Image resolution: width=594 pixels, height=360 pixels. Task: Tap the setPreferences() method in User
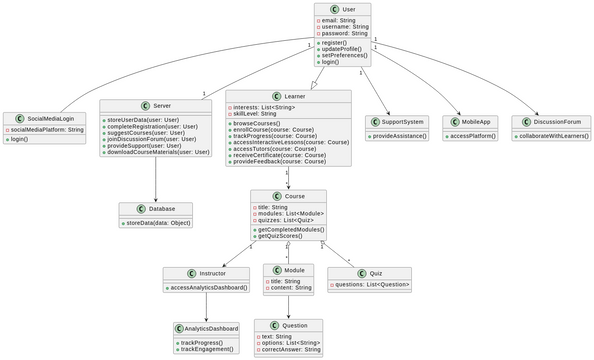pyautogui.click(x=345, y=55)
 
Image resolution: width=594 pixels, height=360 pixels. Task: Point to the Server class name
pyautogui.click(x=161, y=105)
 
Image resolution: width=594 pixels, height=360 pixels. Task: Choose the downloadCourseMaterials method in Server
pyautogui.click(x=157, y=152)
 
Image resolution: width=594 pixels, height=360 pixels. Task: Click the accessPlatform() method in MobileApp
pyautogui.click(x=473, y=135)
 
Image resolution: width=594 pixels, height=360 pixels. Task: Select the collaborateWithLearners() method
pyautogui.click(x=552, y=135)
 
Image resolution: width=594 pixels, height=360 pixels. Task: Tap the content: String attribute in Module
pyautogui.click(x=289, y=288)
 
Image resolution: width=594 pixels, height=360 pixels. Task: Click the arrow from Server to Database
pyautogui.click(x=157, y=180)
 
